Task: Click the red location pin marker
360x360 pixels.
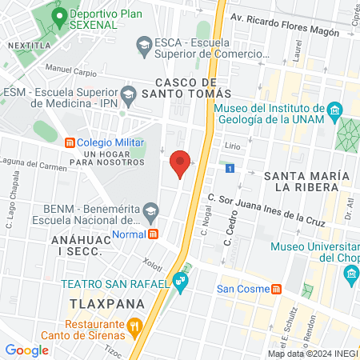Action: pyautogui.click(x=181, y=164)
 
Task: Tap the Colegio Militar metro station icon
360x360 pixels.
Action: pyautogui.click(x=70, y=142)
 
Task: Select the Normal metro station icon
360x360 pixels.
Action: pyautogui.click(x=154, y=234)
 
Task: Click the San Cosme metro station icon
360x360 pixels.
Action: pyautogui.click(x=276, y=289)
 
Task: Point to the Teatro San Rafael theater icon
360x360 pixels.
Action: pyautogui.click(x=181, y=281)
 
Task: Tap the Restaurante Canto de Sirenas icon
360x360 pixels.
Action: pyautogui.click(x=135, y=326)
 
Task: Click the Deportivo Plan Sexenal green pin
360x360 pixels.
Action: pyautogui.click(x=58, y=15)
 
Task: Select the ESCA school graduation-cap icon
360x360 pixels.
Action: pyautogui.click(x=144, y=44)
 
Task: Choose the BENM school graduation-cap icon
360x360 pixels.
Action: pyautogui.click(x=150, y=212)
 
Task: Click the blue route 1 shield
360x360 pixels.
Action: pyautogui.click(x=230, y=169)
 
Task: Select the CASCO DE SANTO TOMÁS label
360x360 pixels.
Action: pyautogui.click(x=186, y=88)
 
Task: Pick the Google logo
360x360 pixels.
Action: pyautogui.click(x=26, y=350)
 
